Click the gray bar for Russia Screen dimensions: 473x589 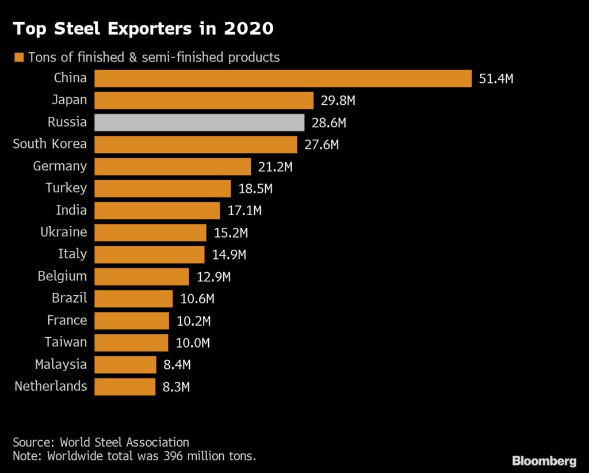[x=199, y=123]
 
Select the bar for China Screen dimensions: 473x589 [x=283, y=78]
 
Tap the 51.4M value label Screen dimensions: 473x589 [x=496, y=79]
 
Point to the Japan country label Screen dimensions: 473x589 [x=69, y=100]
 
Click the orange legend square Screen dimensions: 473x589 [x=18, y=58]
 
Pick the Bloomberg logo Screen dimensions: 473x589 [x=544, y=461]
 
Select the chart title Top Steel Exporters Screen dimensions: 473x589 [x=144, y=28]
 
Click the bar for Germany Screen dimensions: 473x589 [x=173, y=167]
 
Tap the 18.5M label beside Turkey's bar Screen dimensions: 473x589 [x=255, y=189]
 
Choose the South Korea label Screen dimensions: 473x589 [x=50, y=144]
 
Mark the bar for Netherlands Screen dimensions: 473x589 [x=125, y=387]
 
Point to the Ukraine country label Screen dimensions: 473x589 [x=64, y=232]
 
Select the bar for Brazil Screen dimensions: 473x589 [x=133, y=299]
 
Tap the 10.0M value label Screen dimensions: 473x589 [x=193, y=343]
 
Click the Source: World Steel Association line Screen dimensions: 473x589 [x=101, y=443]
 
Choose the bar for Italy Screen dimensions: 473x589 [x=150, y=255]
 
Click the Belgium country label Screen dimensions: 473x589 [x=63, y=276]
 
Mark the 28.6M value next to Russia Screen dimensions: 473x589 [x=329, y=123]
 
